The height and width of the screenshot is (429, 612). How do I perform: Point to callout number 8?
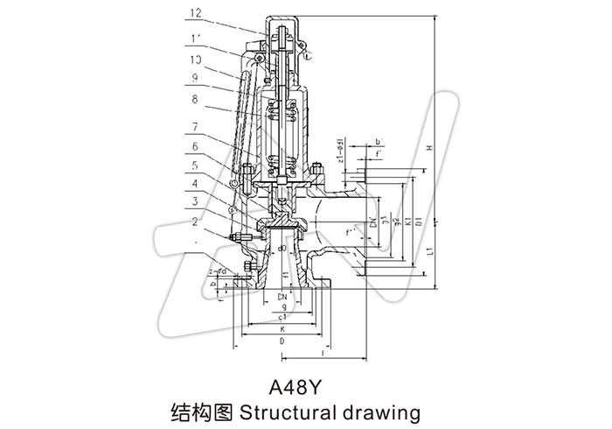(192, 101)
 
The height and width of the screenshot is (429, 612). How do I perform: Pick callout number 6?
(192, 146)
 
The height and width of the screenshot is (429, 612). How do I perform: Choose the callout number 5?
(192, 163)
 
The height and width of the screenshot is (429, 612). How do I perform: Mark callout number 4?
(192, 185)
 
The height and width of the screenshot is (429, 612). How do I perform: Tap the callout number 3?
(192, 202)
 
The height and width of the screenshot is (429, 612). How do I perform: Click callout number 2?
(192, 222)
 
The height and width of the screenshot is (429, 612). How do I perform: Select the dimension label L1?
(428, 252)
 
